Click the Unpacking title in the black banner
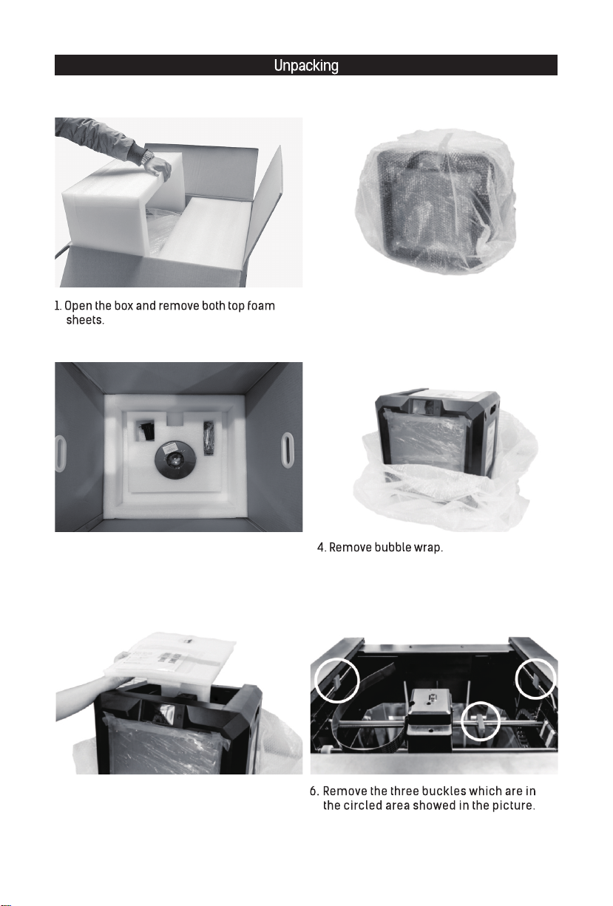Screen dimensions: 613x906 click(306, 66)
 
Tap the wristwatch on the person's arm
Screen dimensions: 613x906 click(147, 157)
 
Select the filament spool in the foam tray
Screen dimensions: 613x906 click(175, 459)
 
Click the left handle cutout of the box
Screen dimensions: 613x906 click(61, 454)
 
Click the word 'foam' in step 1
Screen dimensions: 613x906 click(260, 306)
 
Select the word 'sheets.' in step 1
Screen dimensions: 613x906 click(85, 320)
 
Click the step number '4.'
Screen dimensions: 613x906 click(322, 548)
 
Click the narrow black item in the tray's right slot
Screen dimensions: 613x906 click(209, 438)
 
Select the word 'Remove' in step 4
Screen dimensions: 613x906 click(350, 548)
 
